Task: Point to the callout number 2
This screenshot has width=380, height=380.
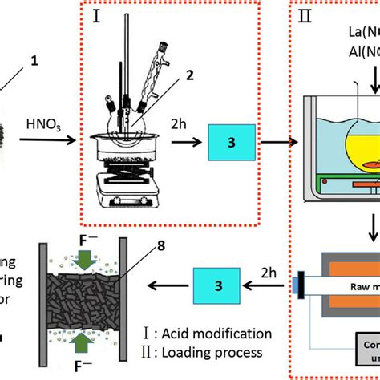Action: click(190, 75)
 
